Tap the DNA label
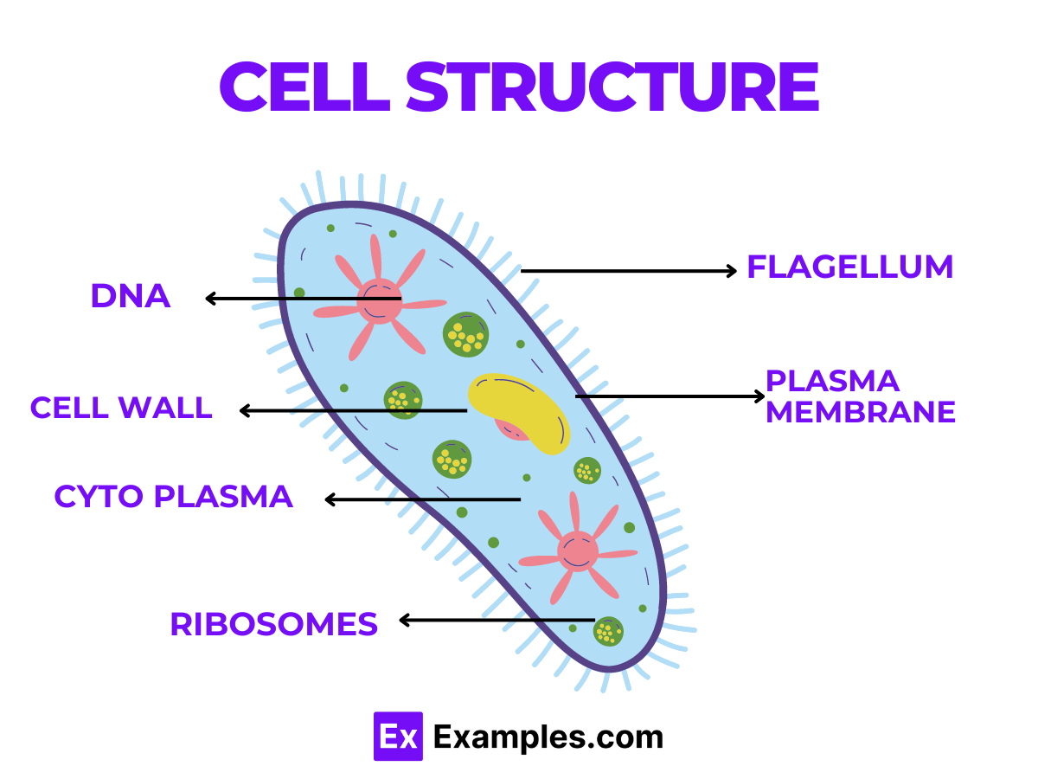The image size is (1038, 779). (131, 297)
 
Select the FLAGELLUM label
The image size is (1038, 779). (849, 267)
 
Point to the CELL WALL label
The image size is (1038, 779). (121, 408)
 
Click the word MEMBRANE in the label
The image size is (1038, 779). (861, 412)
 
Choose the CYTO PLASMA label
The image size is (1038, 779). (173, 497)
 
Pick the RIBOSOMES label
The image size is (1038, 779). (273, 624)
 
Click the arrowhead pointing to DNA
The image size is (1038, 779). (210, 299)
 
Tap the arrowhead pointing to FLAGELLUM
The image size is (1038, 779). (732, 271)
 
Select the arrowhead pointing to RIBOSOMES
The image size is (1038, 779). (404, 620)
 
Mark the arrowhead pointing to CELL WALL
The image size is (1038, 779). (244, 410)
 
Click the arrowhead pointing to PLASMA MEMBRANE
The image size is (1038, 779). (760, 396)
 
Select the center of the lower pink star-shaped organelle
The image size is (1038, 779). (577, 551)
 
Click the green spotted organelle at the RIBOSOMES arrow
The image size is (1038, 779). (608, 631)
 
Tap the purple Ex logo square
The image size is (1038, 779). (398, 737)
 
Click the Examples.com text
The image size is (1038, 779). (548, 737)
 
